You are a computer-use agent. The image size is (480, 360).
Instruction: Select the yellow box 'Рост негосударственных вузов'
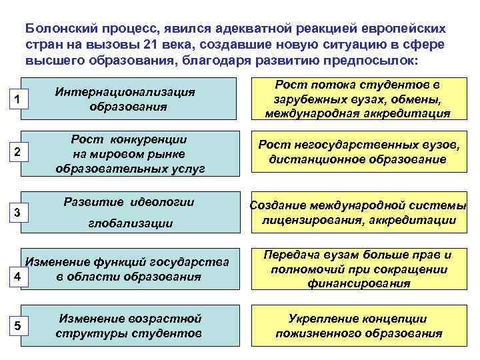[x=357, y=152]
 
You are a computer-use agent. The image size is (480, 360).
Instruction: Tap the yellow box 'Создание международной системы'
[x=357, y=213]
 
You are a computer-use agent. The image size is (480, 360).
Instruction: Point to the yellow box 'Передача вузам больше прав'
[x=357, y=269]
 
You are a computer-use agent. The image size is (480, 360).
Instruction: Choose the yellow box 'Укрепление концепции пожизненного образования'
[x=357, y=325]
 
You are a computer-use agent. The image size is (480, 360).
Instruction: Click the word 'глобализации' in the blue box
[x=131, y=224]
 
